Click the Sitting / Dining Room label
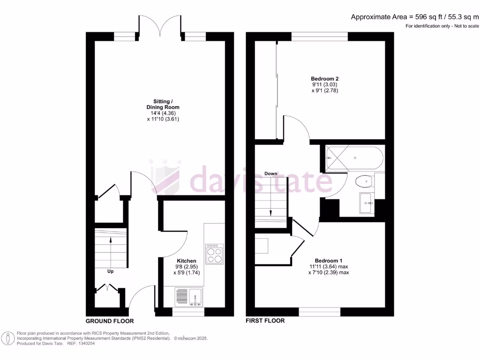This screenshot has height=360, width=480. [x=163, y=104]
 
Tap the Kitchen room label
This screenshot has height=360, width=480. [x=186, y=261]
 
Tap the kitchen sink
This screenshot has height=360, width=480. [x=189, y=297]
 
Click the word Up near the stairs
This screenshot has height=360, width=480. [x=111, y=271]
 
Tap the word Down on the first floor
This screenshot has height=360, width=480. [x=270, y=173]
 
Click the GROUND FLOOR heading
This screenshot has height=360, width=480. [x=110, y=321]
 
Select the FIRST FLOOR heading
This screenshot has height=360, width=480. [x=265, y=321]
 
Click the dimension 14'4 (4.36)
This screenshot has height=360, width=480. [x=163, y=113]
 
